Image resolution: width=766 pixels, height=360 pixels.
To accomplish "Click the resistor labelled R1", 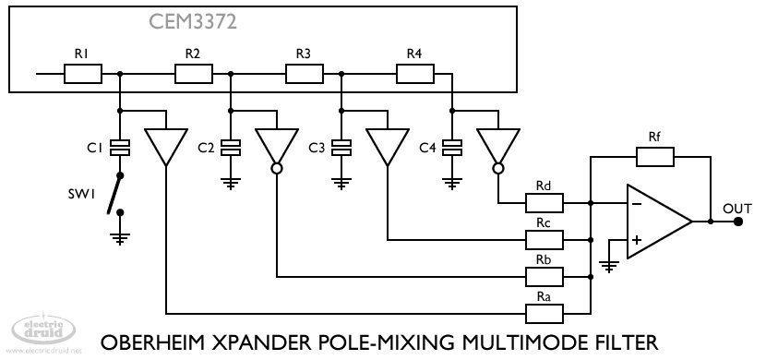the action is click(82, 74).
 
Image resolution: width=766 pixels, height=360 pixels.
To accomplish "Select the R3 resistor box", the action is click(304, 74).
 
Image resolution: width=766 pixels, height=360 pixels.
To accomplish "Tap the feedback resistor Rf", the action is click(654, 157).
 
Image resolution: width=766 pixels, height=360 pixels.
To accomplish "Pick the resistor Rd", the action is click(545, 203).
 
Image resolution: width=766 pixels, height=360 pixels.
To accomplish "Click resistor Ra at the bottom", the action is click(545, 314).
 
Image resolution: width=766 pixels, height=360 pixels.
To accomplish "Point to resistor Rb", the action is click(545, 277).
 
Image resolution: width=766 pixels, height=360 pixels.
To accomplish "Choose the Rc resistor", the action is click(545, 240).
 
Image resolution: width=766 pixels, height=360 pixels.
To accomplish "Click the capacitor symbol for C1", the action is click(120, 148).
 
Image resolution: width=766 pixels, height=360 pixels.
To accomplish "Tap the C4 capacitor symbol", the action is click(452, 148).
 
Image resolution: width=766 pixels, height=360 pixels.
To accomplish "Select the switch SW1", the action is click(115, 194).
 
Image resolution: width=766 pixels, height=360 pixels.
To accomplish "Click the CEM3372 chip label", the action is click(193, 22).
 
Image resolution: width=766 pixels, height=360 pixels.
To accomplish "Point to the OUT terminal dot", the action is click(738, 222).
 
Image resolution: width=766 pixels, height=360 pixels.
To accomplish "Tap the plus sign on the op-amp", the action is click(637, 240).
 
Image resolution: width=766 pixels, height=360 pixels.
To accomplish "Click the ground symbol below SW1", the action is click(120, 239).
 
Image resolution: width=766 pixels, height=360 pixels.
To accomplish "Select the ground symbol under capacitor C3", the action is click(341, 184).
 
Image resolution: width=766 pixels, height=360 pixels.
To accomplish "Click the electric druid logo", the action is click(43, 330).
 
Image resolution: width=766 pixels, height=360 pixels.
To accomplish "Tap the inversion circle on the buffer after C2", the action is click(277, 169).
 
